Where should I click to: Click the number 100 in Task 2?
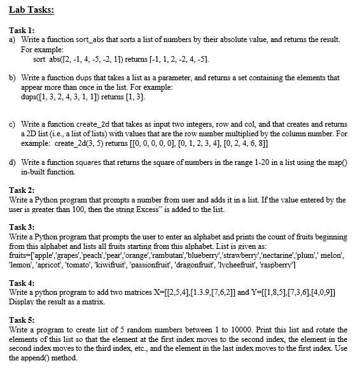(72, 209)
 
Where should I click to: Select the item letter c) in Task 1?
(13, 122)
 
